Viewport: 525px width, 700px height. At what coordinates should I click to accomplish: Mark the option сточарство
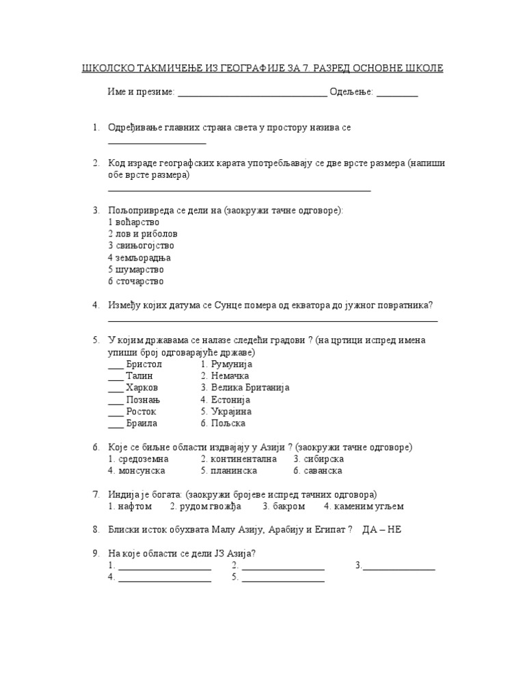(x=139, y=281)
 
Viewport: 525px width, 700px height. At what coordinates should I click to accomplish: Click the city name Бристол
(x=144, y=364)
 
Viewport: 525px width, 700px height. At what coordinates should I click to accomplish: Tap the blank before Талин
(x=116, y=377)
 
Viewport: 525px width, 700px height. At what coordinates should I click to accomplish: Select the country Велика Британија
(x=250, y=388)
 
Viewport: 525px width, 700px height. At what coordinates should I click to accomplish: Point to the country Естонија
(x=230, y=400)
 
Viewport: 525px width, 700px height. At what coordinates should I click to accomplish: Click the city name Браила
(x=142, y=423)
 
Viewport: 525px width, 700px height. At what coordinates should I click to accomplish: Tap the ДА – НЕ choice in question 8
(x=381, y=530)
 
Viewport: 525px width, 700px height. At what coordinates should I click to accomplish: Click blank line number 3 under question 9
(x=399, y=567)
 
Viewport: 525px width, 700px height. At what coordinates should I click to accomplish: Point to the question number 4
(x=96, y=305)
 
